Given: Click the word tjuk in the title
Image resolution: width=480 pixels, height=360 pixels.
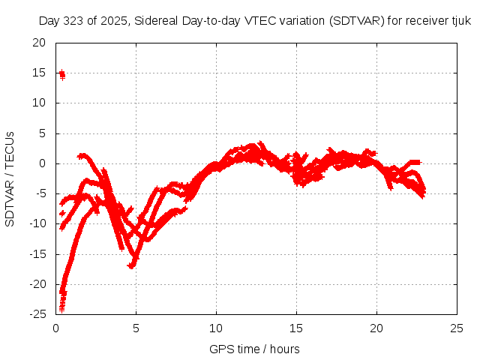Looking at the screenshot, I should pos(460,22).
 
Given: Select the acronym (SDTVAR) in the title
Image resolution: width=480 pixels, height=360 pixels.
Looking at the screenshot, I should pos(356,22).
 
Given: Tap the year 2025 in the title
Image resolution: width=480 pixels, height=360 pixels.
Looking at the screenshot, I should pos(114,22).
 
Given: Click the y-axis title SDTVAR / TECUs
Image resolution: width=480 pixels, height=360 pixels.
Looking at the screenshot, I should pos(10,178).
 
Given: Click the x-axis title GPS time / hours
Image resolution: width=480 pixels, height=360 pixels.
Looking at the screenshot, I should pos(254,349).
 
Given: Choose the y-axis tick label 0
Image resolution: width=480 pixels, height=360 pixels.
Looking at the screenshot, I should pos(43,163).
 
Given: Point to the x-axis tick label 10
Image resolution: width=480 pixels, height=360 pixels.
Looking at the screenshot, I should pos(217,328).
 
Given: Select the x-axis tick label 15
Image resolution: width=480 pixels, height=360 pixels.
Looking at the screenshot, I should pos(297,328).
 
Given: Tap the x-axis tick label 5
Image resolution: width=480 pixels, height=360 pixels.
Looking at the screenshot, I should pos(136,328).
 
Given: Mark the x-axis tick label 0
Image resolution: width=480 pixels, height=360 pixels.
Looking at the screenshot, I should pos(56,328).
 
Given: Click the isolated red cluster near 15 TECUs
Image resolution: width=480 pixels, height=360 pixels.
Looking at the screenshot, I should pos(61,73).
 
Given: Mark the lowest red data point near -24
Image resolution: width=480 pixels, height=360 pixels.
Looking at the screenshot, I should pos(61,308).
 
